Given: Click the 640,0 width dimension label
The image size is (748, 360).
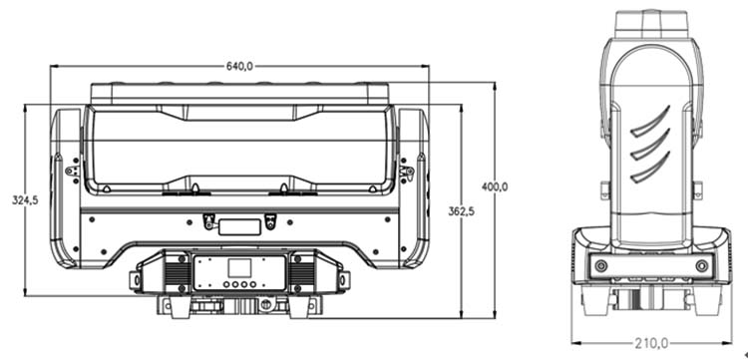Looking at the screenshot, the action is click(x=239, y=66).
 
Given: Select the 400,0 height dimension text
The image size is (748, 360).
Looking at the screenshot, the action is click(x=495, y=187).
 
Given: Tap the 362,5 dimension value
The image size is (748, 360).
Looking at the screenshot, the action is click(x=461, y=210).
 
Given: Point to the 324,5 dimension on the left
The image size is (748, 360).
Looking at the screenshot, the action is click(x=25, y=200).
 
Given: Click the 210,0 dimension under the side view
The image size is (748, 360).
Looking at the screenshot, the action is click(x=650, y=342).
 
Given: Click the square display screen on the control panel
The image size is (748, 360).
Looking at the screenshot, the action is click(x=238, y=268).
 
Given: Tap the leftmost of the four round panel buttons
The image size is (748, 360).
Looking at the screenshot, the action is click(x=225, y=285).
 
